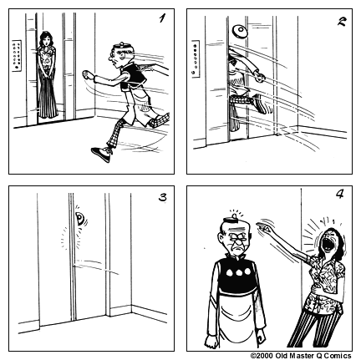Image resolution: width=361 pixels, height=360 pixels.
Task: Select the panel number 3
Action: click(162, 198)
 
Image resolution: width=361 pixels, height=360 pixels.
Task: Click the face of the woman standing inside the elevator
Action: click(46, 41)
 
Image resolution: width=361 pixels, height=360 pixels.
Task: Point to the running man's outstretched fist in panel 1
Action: click(89, 79)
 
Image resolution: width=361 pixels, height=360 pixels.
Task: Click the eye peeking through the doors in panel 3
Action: click(79, 221)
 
